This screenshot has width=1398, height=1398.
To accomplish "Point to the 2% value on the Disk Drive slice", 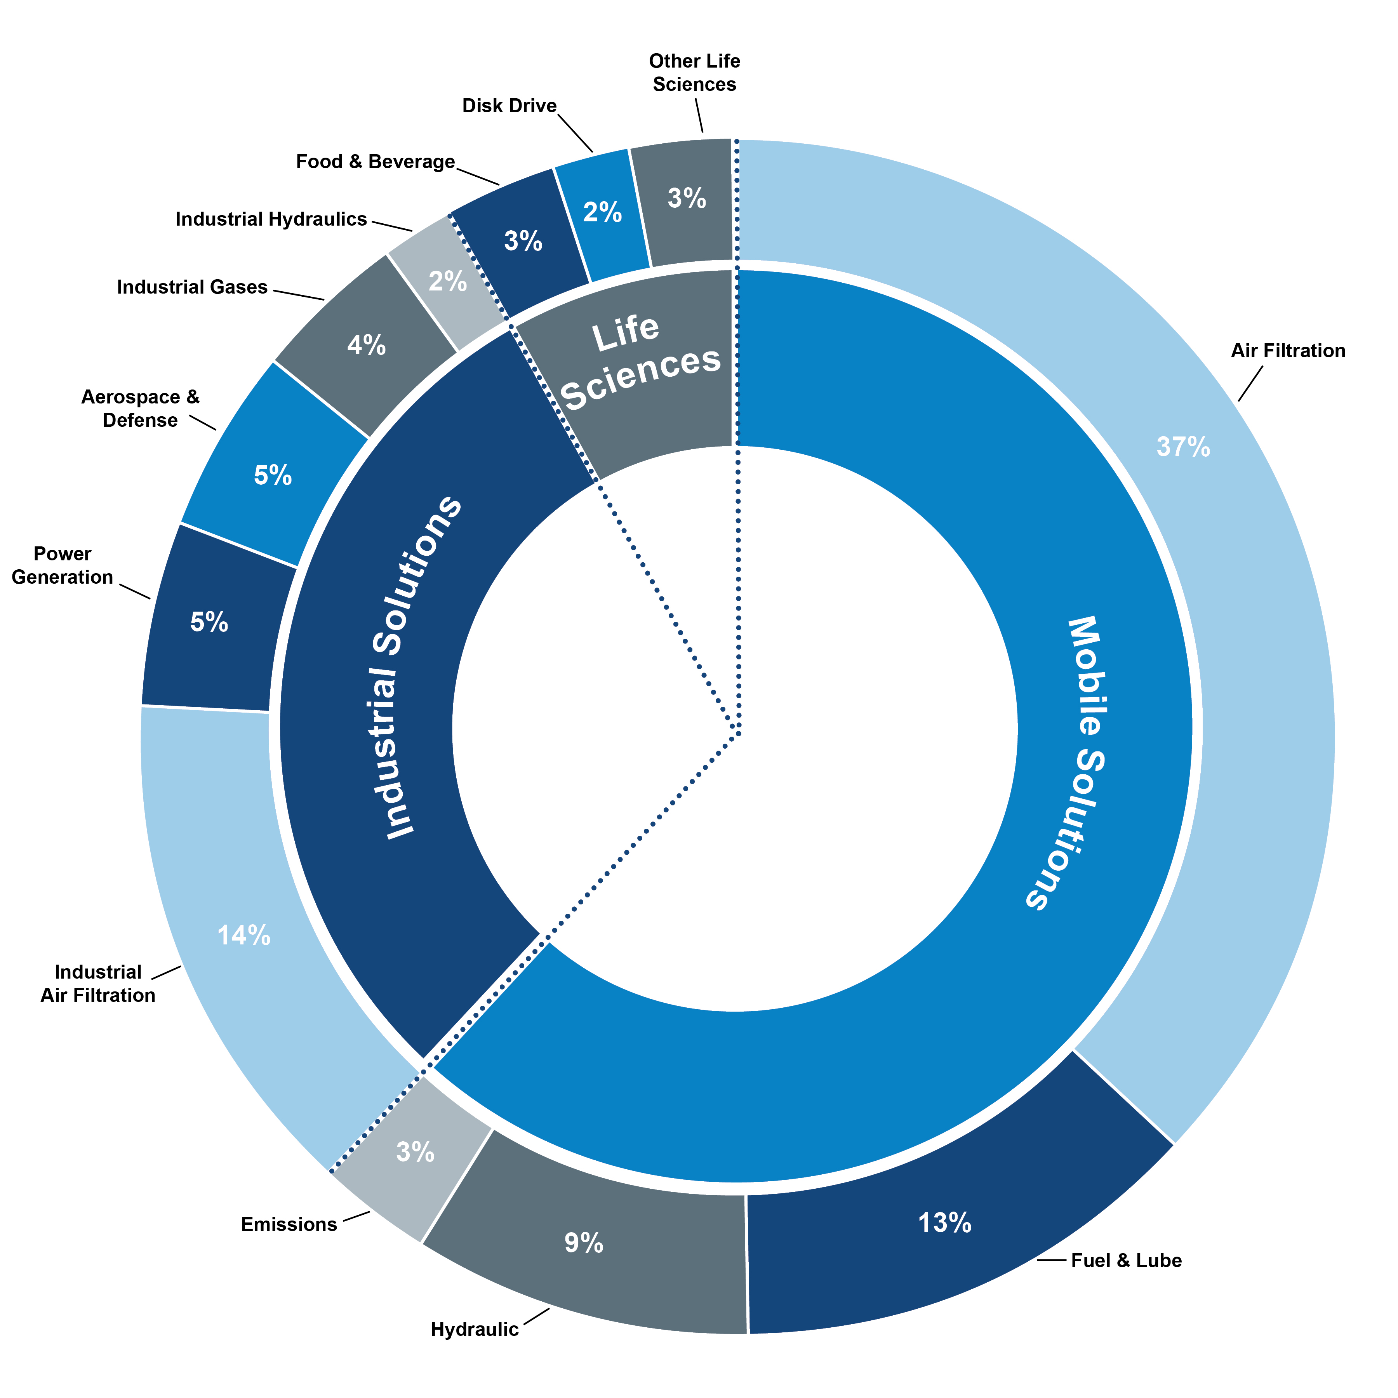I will tap(602, 212).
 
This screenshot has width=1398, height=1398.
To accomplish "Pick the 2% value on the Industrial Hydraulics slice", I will tap(447, 281).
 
